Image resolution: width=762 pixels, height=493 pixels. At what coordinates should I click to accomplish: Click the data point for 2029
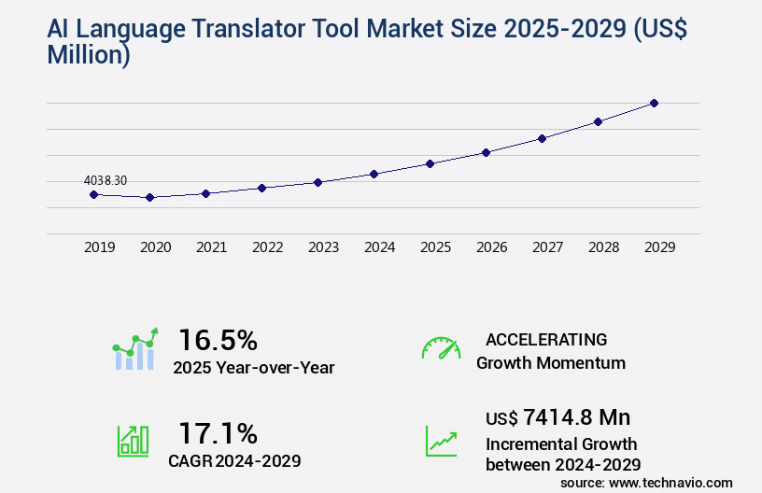click(x=654, y=103)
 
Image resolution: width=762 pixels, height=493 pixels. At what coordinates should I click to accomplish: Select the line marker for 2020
click(x=149, y=197)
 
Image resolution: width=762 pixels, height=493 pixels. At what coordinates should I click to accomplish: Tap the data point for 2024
click(x=374, y=174)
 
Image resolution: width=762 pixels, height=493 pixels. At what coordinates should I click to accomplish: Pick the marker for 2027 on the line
click(x=542, y=138)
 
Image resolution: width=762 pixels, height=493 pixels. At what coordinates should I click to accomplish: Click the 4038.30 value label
click(x=106, y=180)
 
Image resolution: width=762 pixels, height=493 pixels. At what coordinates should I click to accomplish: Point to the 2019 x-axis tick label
click(x=100, y=247)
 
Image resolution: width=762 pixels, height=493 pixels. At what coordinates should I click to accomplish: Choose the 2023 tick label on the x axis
click(x=324, y=247)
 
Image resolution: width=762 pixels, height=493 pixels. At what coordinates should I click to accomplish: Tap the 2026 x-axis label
click(x=492, y=247)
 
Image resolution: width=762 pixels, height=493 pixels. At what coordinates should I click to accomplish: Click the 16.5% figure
click(x=218, y=339)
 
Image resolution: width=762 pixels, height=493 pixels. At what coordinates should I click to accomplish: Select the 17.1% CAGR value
click(x=218, y=433)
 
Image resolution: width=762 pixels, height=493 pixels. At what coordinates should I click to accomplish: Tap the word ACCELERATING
click(x=546, y=340)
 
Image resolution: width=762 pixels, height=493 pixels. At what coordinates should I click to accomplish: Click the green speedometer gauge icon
click(x=441, y=348)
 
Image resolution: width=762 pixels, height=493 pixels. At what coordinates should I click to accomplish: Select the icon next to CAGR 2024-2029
click(x=133, y=441)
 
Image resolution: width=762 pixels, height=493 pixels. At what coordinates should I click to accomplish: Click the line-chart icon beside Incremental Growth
click(x=441, y=441)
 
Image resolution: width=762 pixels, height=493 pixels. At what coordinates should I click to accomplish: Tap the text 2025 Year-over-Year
click(x=254, y=368)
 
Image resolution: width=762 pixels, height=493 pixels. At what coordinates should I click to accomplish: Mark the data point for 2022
click(x=261, y=188)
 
